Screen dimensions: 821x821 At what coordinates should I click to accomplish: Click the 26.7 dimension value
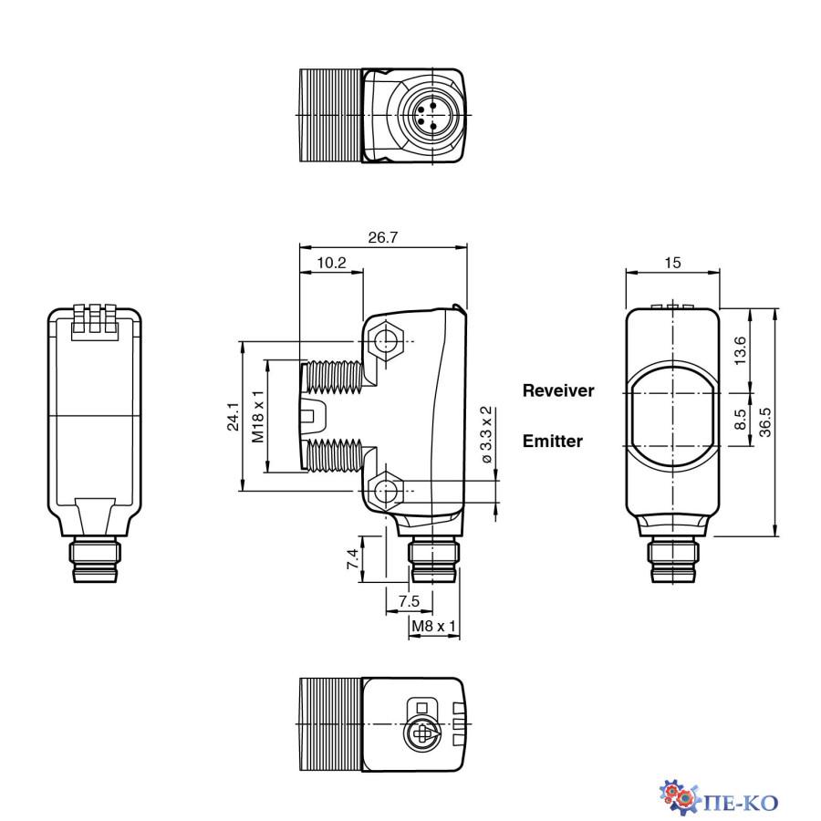pyautogui.click(x=382, y=237)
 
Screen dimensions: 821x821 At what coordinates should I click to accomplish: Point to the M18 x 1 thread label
pyautogui.click(x=258, y=416)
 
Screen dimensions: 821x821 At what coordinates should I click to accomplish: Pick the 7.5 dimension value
pyautogui.click(x=410, y=601)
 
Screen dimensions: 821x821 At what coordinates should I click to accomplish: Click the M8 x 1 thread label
pyautogui.click(x=433, y=626)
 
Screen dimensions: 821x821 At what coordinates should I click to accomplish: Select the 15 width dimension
pyautogui.click(x=672, y=263)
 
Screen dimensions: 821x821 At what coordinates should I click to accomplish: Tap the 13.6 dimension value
pyautogui.click(x=740, y=350)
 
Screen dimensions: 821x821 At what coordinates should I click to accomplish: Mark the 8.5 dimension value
pyautogui.click(x=740, y=420)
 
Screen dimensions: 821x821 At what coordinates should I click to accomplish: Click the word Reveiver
pyautogui.click(x=558, y=390)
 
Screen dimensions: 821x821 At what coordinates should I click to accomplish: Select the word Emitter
pyautogui.click(x=552, y=442)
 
